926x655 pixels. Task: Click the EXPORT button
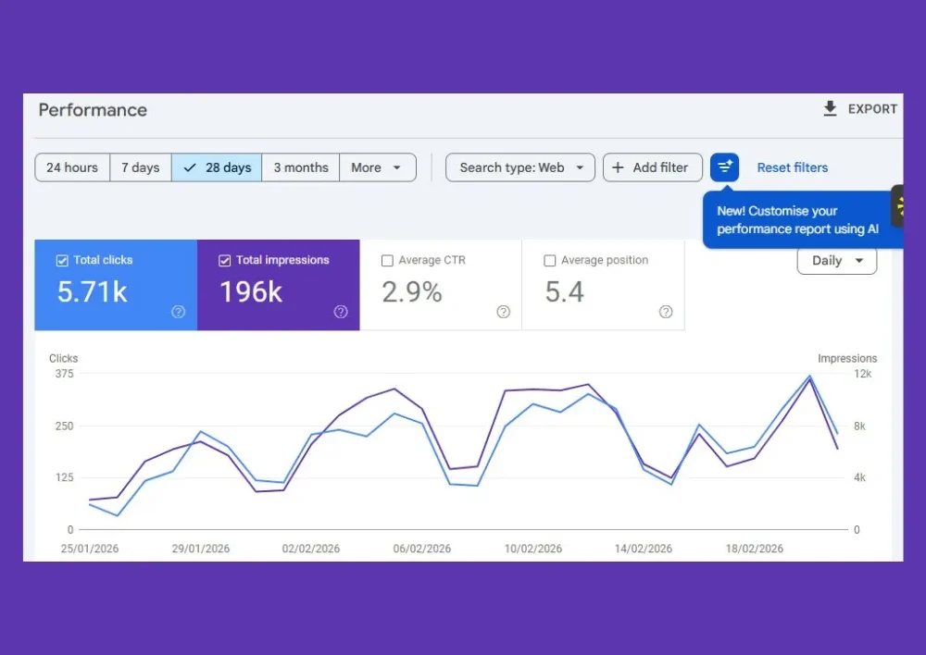tap(860, 109)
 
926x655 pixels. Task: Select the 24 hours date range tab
tap(72, 167)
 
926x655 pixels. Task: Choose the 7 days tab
tap(141, 167)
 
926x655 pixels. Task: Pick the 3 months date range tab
tap(301, 167)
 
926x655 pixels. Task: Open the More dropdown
tap(378, 167)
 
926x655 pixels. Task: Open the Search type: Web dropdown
tap(520, 167)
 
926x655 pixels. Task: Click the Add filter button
tap(652, 167)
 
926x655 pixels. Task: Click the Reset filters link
tap(792, 167)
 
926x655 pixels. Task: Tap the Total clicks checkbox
tap(62, 261)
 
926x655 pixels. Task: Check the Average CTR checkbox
tap(387, 261)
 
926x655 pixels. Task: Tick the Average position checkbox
tap(550, 261)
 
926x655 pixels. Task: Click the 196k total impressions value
tap(251, 292)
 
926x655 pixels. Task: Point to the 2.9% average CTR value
tap(412, 292)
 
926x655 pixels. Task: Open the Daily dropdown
tap(836, 261)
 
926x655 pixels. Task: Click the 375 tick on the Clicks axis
tap(64, 374)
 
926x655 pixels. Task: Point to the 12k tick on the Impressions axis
tap(862, 374)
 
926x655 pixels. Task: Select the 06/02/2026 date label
tap(422, 549)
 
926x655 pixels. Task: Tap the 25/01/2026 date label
tap(90, 549)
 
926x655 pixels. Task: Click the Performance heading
tap(93, 110)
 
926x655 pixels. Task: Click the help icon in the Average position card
tap(666, 312)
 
